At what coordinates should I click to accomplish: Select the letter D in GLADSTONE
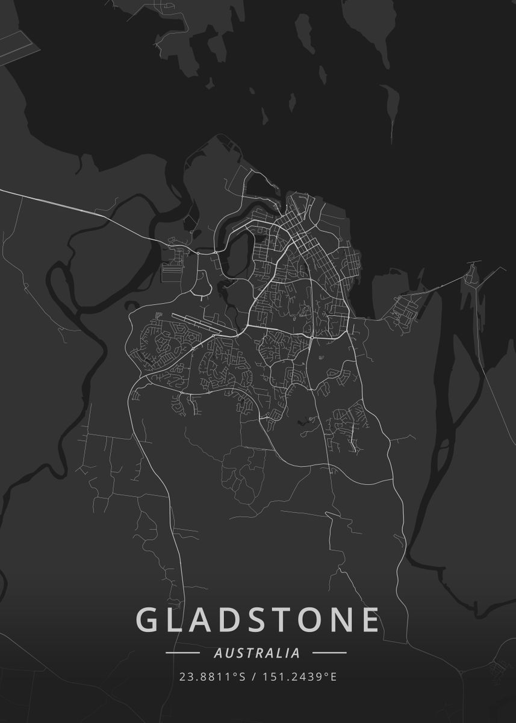pyautogui.click(x=237, y=619)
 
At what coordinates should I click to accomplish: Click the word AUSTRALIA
pyautogui.click(x=256, y=653)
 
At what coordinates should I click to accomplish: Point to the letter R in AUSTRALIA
pyautogui.click(x=260, y=653)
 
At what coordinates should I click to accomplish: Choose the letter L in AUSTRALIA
pyautogui.click(x=281, y=653)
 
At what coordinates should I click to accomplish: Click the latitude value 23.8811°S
pyautogui.click(x=212, y=677)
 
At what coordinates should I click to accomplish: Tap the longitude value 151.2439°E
pyautogui.click(x=299, y=677)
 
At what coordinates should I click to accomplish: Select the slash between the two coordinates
pyautogui.click(x=253, y=677)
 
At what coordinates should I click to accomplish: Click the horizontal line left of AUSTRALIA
pyautogui.click(x=182, y=653)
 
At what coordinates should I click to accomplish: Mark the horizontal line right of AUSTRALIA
pyautogui.click(x=330, y=653)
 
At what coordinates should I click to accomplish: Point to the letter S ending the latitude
pyautogui.click(x=242, y=677)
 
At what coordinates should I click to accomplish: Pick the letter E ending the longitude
pyautogui.click(x=334, y=677)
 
